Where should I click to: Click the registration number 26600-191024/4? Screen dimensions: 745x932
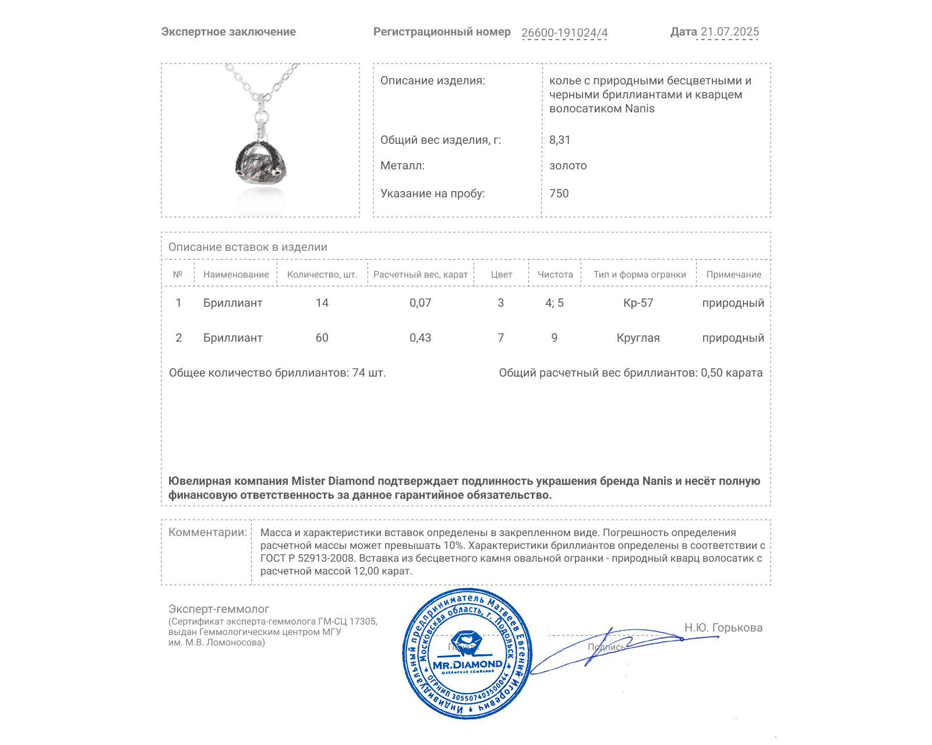pos(564,33)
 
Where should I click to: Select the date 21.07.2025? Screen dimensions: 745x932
pos(729,32)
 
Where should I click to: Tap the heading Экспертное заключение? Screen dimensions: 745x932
pos(228,32)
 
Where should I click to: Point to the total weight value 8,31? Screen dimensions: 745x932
pos(560,140)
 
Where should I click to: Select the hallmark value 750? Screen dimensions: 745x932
pos(559,193)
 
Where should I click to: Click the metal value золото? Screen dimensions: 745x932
pos(568,166)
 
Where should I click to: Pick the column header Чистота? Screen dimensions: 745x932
pos(555,275)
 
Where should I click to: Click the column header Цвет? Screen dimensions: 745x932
pos(502,275)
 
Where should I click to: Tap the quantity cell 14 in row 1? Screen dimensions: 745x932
pos(322,303)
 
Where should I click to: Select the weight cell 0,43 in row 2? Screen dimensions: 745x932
pos(420,338)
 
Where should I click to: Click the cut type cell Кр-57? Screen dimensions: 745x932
pos(638,303)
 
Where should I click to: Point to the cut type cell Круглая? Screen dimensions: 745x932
pos(638,338)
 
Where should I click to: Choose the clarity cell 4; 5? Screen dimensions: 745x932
pos(555,303)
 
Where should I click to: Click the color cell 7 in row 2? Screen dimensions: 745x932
pos(501,338)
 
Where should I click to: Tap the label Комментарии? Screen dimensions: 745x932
pos(207,532)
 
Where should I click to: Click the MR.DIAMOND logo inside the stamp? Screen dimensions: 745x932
pos(467,664)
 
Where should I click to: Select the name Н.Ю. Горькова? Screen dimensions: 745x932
pos(723,627)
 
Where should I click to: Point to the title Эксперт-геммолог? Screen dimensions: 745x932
pos(219,609)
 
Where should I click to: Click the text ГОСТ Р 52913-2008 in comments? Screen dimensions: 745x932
pos(307,558)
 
